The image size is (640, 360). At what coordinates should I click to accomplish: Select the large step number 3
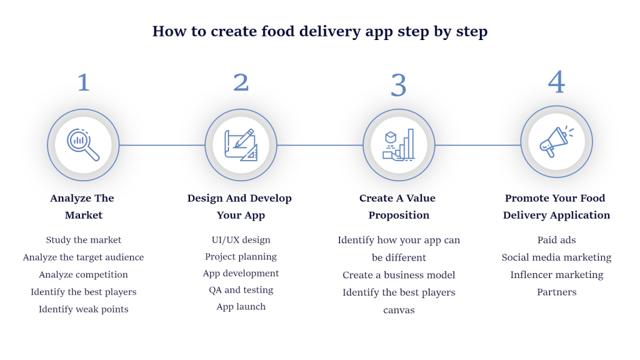[399, 85]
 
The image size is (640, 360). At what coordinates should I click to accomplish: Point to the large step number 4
[556, 82]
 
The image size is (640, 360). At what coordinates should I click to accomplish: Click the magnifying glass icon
[83, 145]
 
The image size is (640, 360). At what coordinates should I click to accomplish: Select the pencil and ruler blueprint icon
[241, 145]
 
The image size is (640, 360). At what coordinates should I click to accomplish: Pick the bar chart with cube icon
[399, 145]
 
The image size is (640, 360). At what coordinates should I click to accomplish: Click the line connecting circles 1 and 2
[162, 145]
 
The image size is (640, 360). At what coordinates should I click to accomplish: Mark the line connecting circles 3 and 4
[478, 145]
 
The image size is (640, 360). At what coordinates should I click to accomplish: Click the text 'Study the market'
[84, 240]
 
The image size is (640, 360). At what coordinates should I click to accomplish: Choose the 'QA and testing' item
[241, 290]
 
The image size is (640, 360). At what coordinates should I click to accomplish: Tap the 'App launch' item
[241, 307]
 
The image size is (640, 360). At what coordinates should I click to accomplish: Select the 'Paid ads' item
[557, 240]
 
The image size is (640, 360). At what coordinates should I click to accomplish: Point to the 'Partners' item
[557, 292]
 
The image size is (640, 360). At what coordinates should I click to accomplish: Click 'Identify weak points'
[84, 309]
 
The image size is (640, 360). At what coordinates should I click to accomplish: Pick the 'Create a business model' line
[399, 275]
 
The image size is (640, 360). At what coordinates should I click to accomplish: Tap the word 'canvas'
[399, 310]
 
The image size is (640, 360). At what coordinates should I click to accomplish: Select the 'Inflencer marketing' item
[557, 275]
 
